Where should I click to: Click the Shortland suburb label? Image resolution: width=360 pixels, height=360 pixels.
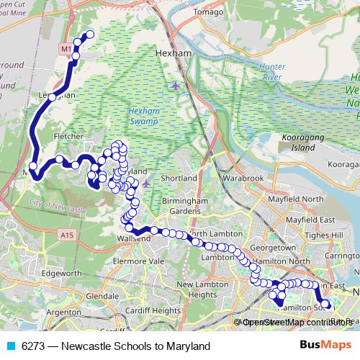coord(179,178)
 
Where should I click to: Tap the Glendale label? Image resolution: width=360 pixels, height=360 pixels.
coord(102,296)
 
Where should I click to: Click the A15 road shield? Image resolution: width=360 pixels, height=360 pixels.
coord(68,234)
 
